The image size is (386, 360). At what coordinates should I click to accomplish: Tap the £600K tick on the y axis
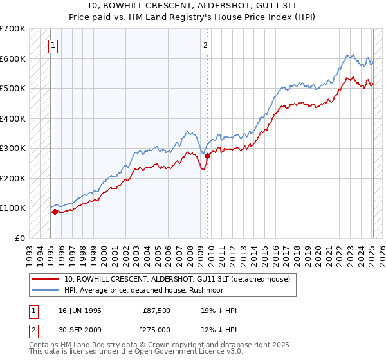tap(13, 59)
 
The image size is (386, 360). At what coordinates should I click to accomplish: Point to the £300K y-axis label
tap(13, 148)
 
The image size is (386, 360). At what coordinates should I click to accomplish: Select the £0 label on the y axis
tap(19, 238)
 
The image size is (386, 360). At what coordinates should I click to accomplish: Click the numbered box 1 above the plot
tap(51, 45)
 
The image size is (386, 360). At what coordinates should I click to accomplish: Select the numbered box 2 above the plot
tap(205, 45)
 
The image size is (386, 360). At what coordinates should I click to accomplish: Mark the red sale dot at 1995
tap(55, 212)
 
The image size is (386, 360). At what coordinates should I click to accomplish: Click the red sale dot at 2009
tap(207, 156)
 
